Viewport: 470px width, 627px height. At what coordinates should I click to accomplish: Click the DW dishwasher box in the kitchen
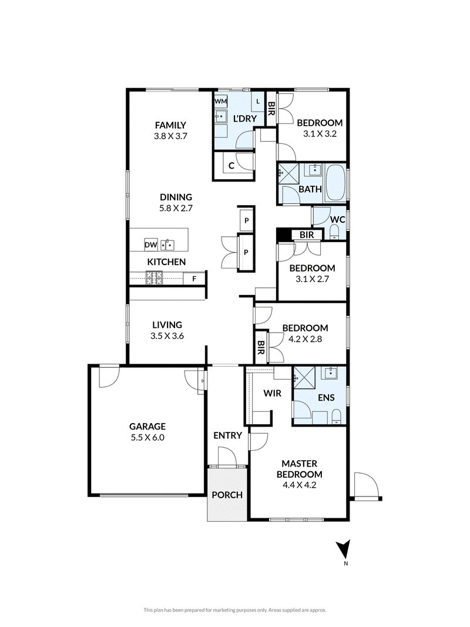click(x=150, y=244)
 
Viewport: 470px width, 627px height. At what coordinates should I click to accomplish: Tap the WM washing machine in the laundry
click(x=221, y=101)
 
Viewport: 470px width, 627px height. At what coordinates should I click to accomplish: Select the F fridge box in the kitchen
click(x=194, y=279)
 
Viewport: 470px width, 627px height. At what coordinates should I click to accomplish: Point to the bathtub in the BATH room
click(x=335, y=183)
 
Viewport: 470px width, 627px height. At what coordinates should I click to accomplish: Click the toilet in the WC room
click(x=334, y=232)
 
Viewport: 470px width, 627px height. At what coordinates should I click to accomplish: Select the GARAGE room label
click(x=147, y=426)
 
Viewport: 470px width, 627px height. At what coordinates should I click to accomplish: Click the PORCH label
click(x=227, y=495)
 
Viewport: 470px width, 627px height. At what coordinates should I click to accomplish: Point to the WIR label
click(x=272, y=394)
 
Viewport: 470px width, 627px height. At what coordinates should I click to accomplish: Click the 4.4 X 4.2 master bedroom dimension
click(x=300, y=485)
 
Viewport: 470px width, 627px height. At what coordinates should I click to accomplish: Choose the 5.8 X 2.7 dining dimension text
click(x=176, y=208)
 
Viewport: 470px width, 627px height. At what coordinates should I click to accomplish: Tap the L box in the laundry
click(x=258, y=102)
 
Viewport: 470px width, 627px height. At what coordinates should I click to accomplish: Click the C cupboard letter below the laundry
click(x=231, y=166)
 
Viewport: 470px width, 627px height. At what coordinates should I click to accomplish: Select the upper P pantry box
click(x=246, y=220)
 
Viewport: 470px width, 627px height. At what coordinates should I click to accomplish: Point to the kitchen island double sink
click(x=167, y=244)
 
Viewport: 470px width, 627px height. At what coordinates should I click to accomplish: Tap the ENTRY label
click(x=227, y=435)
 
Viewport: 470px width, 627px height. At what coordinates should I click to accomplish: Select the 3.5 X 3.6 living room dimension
click(x=167, y=336)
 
